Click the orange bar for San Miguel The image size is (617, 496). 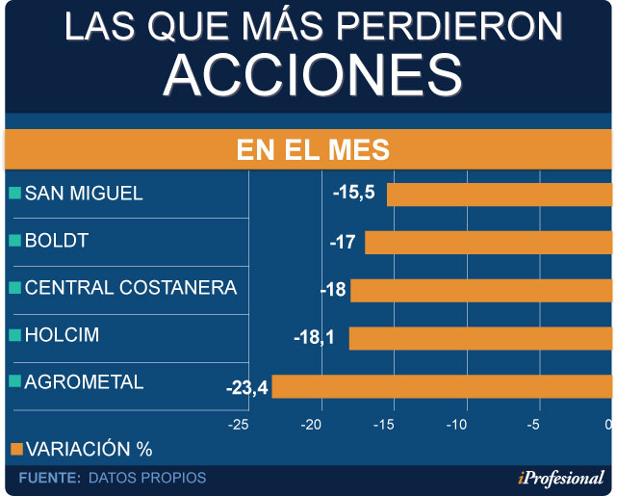pyautogui.click(x=500, y=195)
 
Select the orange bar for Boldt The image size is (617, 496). pyautogui.click(x=488, y=242)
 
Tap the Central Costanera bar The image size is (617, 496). pyautogui.click(x=481, y=290)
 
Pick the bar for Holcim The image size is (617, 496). pyautogui.click(x=480, y=338)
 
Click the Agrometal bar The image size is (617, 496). pyautogui.click(x=442, y=386)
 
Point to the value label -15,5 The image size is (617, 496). pyautogui.click(x=354, y=193)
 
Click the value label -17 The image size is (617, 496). pyautogui.click(x=343, y=241)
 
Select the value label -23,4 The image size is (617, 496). pyautogui.click(x=246, y=388)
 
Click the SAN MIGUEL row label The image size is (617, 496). pyautogui.click(x=84, y=193)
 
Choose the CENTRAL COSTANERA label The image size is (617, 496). pyautogui.click(x=130, y=287)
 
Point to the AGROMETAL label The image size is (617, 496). pyautogui.click(x=84, y=381)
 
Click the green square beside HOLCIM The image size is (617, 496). pyautogui.click(x=14, y=335)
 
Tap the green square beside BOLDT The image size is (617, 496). pyautogui.click(x=14, y=241)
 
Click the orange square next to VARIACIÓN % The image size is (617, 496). pyautogui.click(x=14, y=449)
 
